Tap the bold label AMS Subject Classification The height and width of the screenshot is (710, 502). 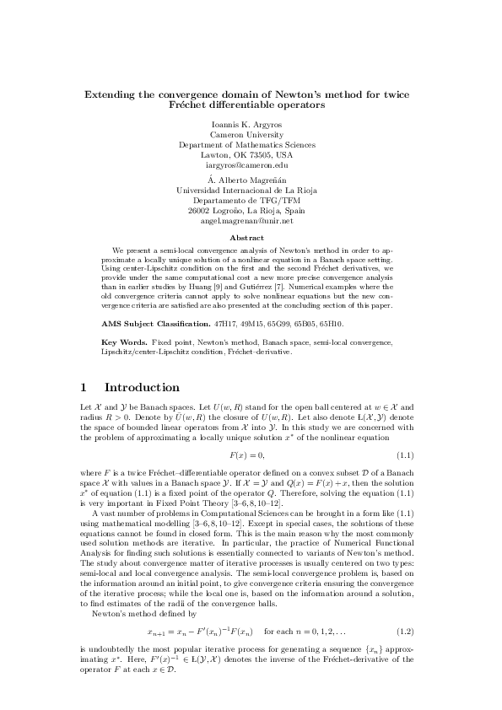click(x=155, y=324)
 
